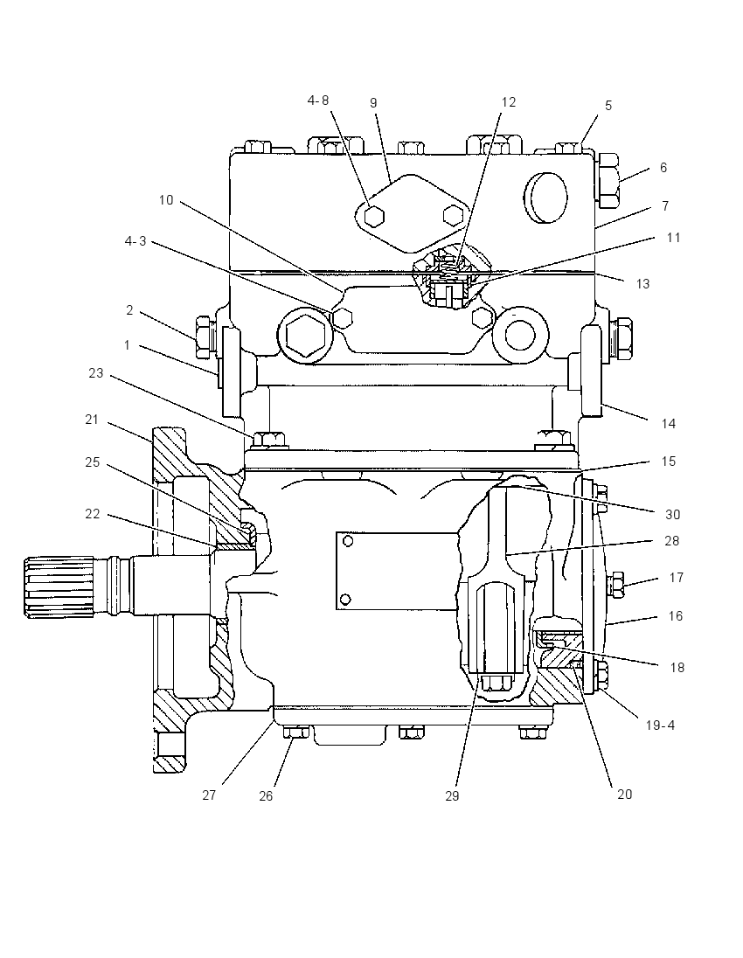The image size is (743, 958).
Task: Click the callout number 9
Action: [x=373, y=103]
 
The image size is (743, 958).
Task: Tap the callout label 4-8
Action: [x=318, y=101]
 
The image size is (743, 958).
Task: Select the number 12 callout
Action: [x=509, y=102]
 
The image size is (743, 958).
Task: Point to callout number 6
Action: [x=663, y=168]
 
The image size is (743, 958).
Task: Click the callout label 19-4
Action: [x=660, y=725]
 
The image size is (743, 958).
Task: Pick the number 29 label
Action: [x=452, y=795]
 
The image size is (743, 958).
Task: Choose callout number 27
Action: [x=209, y=795]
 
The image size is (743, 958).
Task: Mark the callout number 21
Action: [x=92, y=420]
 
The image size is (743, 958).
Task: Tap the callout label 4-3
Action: [x=135, y=241]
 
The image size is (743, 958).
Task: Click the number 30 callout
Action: [x=672, y=515]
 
